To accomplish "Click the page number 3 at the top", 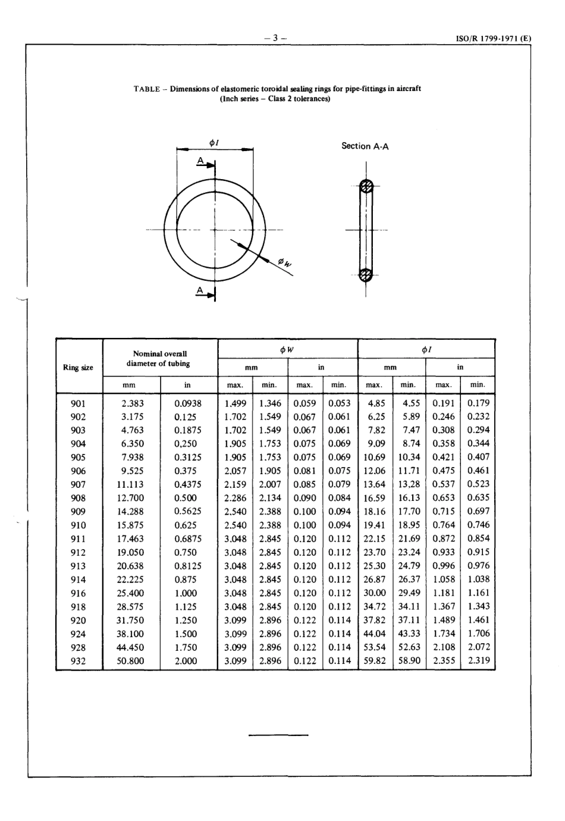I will (275, 38).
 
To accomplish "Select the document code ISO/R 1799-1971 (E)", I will (493, 39).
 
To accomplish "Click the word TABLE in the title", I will (146, 89).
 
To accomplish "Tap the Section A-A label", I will (365, 146).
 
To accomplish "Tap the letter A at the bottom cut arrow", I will (201, 290).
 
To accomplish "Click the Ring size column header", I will (79, 367).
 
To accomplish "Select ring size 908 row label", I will (79, 498).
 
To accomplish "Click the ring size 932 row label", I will (79, 661).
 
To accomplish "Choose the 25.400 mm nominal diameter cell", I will (132, 593).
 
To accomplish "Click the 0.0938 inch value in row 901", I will (188, 403).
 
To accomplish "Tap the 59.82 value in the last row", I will (375, 661).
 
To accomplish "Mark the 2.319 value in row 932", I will (479, 661).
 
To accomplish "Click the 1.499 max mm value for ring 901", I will (235, 403).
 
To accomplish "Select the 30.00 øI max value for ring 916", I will (375, 593).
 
